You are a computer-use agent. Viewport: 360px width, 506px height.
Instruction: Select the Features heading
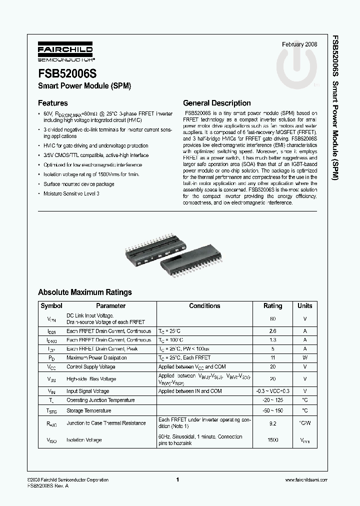[x=53, y=103]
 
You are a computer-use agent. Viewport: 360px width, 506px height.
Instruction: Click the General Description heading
[x=216, y=103]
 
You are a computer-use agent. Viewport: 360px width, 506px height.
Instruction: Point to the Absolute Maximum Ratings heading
[x=85, y=292]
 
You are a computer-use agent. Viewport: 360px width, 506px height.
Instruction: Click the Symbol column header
[x=51, y=306]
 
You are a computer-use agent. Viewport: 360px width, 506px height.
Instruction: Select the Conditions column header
[x=204, y=306]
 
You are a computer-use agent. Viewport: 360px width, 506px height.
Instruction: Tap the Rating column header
[x=272, y=306]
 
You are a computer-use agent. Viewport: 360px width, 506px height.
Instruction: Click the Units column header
[x=304, y=306]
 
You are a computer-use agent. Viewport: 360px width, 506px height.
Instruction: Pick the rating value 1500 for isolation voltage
[x=272, y=440]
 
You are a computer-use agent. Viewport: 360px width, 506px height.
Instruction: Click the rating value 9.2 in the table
[x=272, y=423]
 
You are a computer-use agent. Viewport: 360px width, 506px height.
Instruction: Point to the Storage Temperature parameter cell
[x=89, y=410]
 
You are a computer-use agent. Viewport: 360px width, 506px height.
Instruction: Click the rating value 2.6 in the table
[x=272, y=331]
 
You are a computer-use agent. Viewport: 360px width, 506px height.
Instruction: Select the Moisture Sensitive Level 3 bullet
[x=71, y=193]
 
